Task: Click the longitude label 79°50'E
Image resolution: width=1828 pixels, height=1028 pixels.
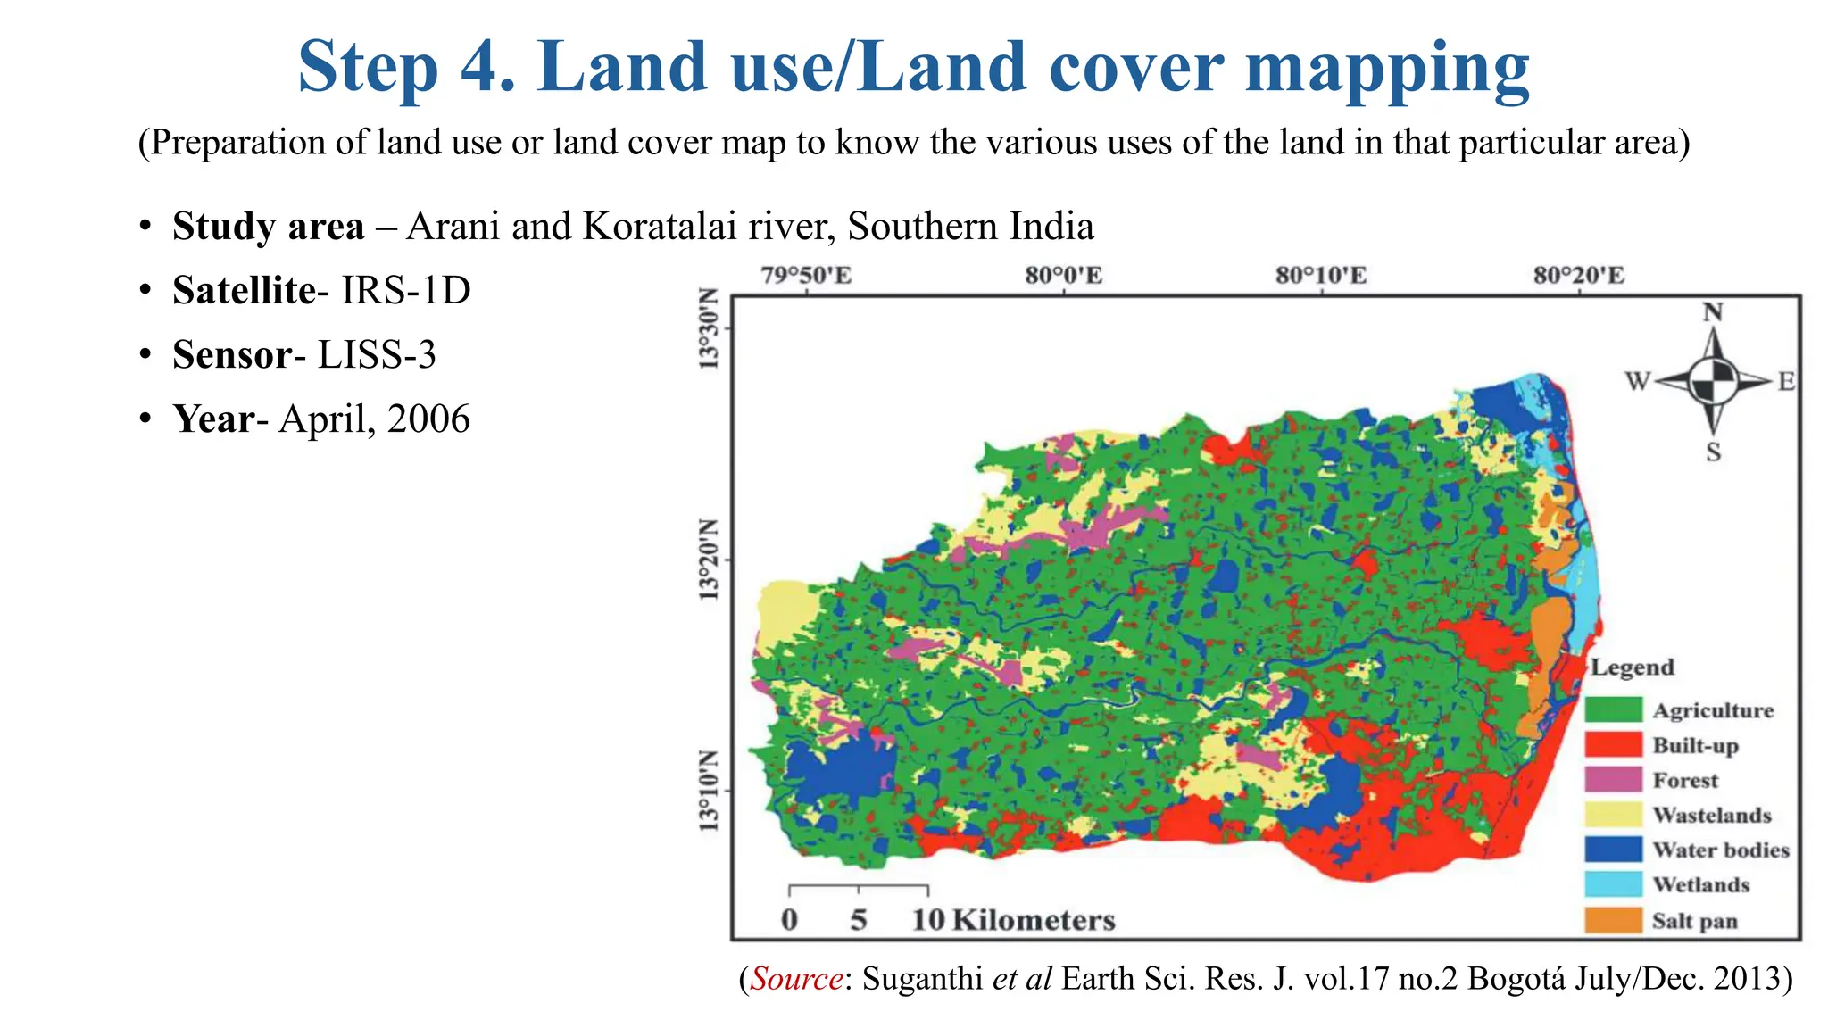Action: click(x=806, y=275)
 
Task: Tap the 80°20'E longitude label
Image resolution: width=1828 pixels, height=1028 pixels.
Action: click(x=1579, y=275)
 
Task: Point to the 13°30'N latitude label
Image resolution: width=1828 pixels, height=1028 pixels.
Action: click(x=708, y=328)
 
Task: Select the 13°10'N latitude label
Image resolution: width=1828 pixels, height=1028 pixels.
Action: click(x=708, y=791)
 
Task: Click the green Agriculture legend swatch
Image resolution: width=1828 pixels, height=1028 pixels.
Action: click(x=1613, y=709)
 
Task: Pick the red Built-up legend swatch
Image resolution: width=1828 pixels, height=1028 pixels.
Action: click(x=1613, y=744)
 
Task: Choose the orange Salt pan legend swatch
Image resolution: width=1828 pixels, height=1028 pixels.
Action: click(x=1613, y=920)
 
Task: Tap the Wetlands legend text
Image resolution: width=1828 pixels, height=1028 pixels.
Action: click(x=1700, y=884)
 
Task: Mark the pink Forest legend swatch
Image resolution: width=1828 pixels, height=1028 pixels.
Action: click(x=1613, y=779)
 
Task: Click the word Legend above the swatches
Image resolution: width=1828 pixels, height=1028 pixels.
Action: click(x=1633, y=667)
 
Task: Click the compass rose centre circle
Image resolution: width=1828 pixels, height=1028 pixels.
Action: click(x=1713, y=381)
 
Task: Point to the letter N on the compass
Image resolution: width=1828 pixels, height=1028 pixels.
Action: click(x=1713, y=312)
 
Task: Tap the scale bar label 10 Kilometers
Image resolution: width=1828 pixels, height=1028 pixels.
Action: click(x=1013, y=919)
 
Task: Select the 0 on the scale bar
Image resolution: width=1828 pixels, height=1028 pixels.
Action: click(x=789, y=919)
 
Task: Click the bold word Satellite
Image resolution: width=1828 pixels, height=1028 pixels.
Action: click(x=244, y=290)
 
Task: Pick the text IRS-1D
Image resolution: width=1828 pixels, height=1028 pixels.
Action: click(x=406, y=290)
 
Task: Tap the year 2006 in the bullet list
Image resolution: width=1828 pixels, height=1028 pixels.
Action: click(x=428, y=419)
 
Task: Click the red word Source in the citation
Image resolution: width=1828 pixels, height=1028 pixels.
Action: click(x=796, y=979)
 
